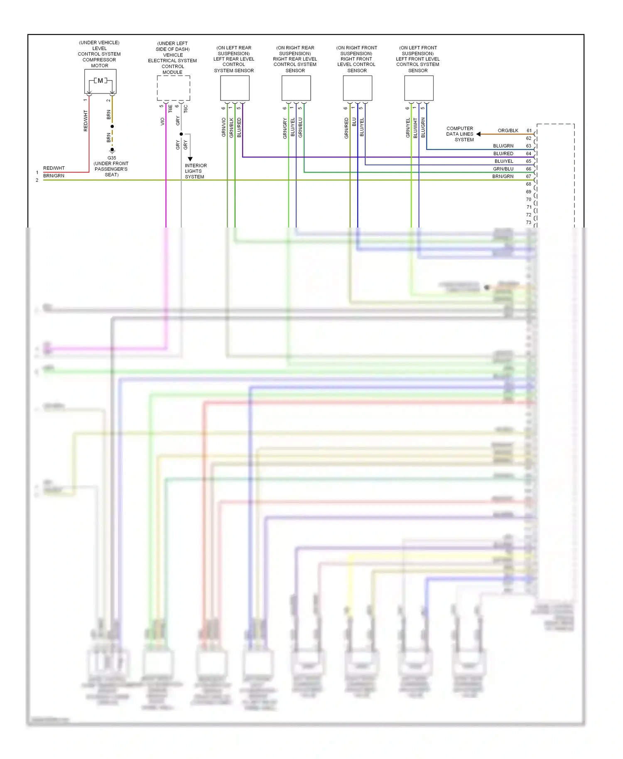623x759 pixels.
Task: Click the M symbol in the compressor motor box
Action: [100, 81]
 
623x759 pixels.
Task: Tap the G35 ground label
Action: [112, 158]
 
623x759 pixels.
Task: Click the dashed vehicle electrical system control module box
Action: [173, 88]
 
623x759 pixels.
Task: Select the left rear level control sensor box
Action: [235, 88]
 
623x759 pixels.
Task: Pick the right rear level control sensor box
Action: [296, 88]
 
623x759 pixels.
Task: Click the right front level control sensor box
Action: [357, 88]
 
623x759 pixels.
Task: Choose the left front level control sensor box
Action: [419, 88]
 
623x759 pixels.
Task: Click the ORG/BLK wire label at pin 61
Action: [508, 130]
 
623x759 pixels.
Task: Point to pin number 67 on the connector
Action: [528, 176]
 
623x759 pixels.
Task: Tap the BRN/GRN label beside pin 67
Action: [503, 176]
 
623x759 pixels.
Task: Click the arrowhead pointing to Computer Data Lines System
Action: [478, 134]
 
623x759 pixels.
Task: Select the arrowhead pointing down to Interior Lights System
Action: [190, 159]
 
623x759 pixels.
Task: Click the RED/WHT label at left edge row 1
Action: [54, 168]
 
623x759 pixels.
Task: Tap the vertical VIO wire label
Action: [162, 121]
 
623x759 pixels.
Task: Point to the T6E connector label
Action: [170, 109]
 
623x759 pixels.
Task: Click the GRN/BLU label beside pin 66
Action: [503, 169]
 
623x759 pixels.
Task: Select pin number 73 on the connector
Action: [528, 223]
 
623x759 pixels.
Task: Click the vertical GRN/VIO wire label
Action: [224, 127]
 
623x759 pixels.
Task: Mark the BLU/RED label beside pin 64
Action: [503, 154]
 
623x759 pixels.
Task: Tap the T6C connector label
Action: [186, 109]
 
